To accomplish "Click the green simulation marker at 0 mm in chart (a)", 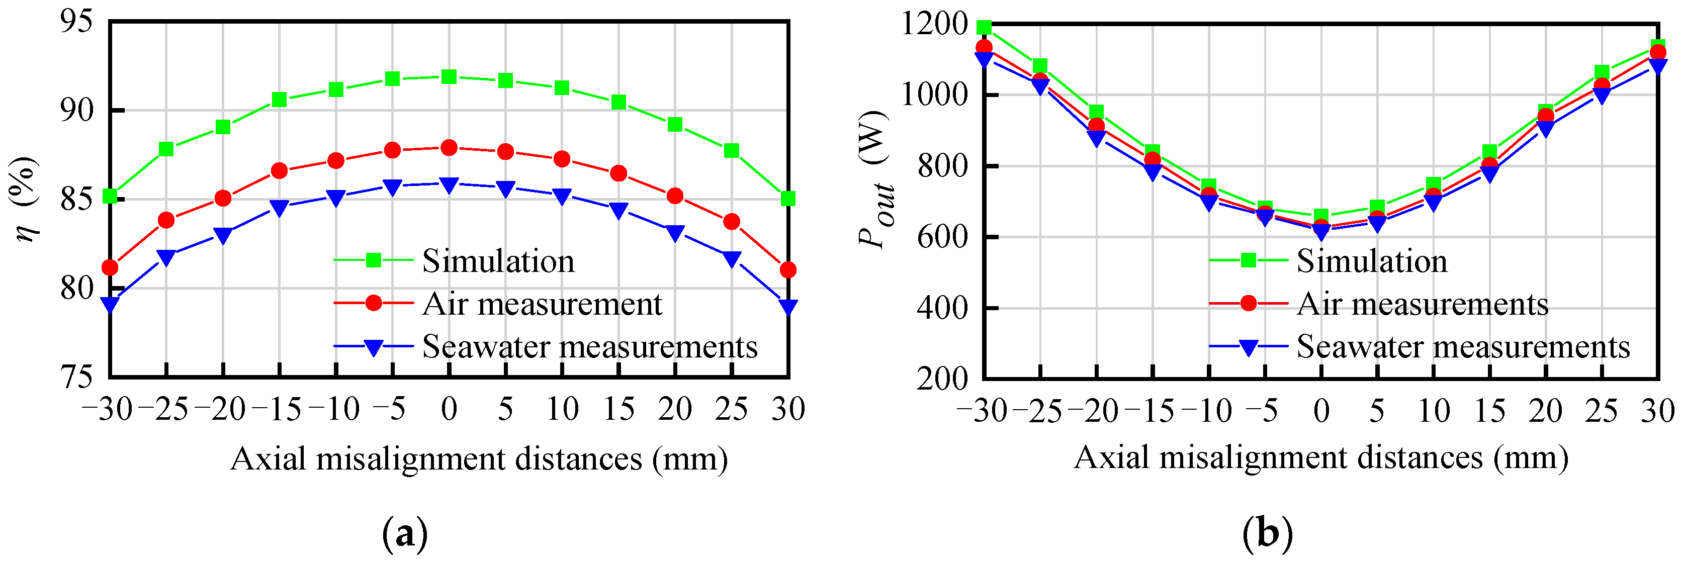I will [449, 77].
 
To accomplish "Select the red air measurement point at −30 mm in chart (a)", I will [110, 267].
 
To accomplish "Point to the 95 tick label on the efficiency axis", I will [76, 22].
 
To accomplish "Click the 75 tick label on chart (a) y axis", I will [76, 377].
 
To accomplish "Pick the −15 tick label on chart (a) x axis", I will [277, 410].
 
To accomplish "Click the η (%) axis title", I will [26, 199].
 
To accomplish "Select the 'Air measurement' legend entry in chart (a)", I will [542, 304].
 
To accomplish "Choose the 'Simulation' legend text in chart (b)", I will [1372, 261].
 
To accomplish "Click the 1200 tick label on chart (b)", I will [934, 24].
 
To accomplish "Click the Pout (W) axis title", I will [875, 179].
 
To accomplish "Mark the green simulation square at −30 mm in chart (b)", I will [984, 28].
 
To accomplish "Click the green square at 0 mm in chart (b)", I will [1321, 216].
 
